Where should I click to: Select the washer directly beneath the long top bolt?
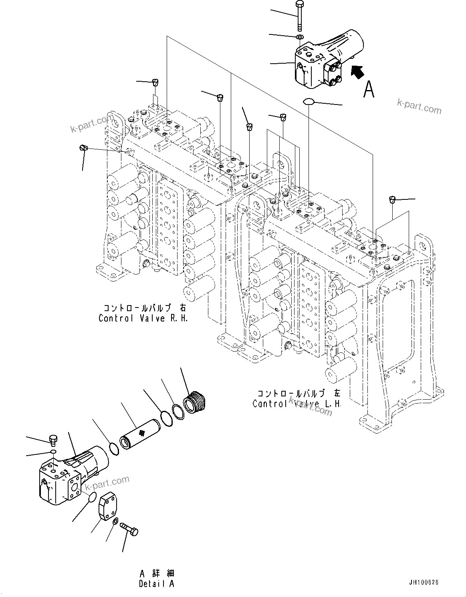(x=299, y=37)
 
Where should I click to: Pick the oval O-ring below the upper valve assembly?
(x=309, y=101)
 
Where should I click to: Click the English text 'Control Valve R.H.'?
(x=143, y=318)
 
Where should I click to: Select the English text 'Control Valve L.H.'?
(x=297, y=404)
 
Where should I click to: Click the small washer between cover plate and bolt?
(x=115, y=521)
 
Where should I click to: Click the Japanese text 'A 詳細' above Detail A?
(x=157, y=574)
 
